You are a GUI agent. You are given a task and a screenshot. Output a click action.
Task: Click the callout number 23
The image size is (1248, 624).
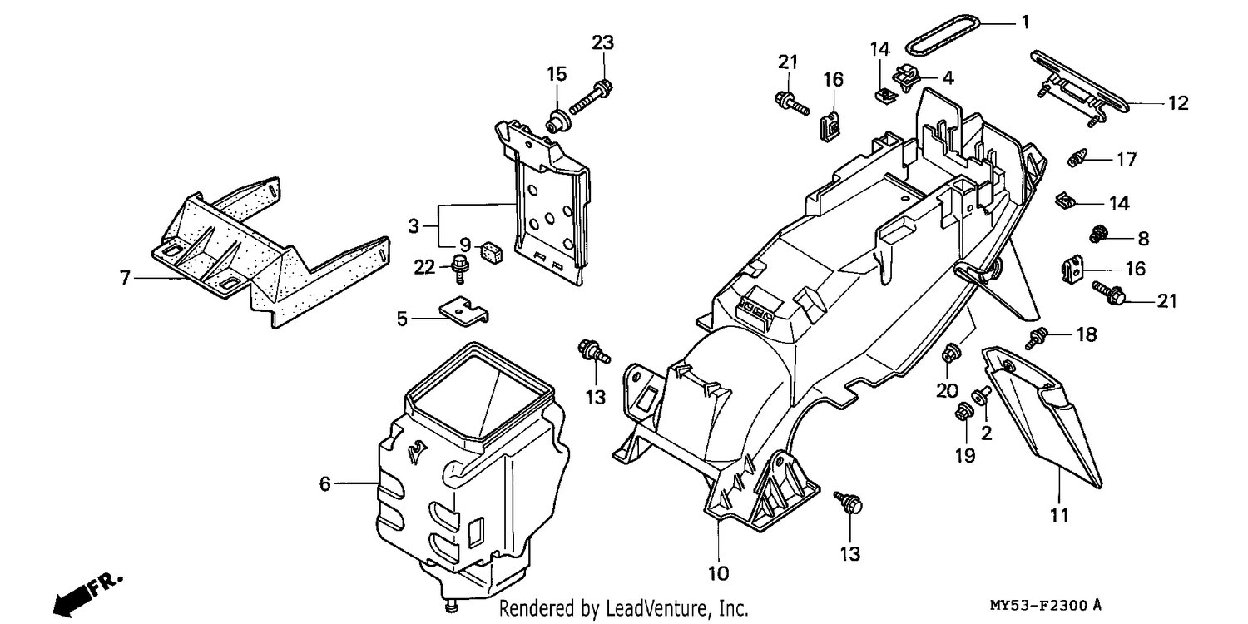[x=602, y=42]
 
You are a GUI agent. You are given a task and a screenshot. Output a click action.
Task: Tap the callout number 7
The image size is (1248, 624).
[x=125, y=277]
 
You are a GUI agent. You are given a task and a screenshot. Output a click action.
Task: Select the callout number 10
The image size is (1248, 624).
[x=718, y=573]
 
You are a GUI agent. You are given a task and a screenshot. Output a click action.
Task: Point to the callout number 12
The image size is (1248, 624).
[x=1178, y=103]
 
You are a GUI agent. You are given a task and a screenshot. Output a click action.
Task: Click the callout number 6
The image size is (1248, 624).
[x=324, y=483]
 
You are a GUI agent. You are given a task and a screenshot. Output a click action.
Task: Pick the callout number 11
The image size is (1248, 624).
[x=1059, y=515]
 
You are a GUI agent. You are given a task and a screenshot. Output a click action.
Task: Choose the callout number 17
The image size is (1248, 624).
[x=1126, y=160]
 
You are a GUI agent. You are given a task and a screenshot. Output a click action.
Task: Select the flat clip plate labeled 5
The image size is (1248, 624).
[x=463, y=310]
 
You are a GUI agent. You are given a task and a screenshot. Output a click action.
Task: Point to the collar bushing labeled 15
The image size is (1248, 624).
[x=557, y=122]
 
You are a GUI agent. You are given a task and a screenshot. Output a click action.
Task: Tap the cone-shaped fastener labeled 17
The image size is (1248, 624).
[x=1078, y=157]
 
